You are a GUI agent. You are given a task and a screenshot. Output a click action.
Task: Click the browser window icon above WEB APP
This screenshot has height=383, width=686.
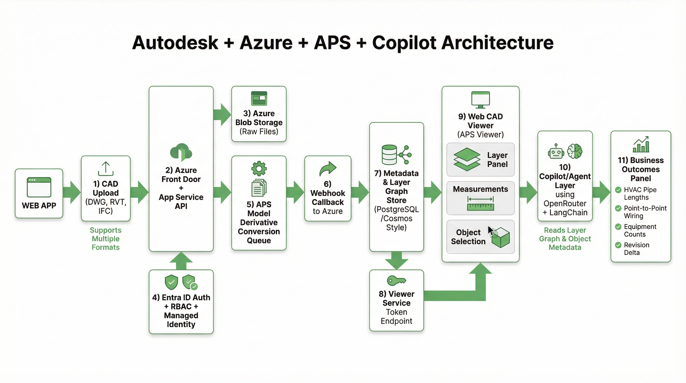point(39,187)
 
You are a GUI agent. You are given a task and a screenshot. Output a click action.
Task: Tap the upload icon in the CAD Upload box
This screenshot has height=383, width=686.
point(106,169)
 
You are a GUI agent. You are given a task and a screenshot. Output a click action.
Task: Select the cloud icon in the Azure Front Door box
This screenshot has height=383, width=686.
point(181,152)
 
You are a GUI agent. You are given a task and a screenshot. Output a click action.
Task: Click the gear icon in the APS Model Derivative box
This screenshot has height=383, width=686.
point(259,168)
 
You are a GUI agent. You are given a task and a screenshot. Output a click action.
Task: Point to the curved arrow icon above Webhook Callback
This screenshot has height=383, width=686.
point(328,169)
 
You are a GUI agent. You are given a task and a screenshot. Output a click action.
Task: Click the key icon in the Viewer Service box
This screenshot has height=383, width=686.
point(396,281)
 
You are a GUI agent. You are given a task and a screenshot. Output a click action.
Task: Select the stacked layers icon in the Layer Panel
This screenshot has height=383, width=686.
point(467,159)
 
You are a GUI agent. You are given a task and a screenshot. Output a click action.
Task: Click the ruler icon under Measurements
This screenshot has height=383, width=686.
point(480,207)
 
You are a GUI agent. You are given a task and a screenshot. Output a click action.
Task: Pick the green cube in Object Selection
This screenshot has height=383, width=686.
point(501,238)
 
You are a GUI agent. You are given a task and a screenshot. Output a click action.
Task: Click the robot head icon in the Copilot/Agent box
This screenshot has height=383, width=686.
point(556,152)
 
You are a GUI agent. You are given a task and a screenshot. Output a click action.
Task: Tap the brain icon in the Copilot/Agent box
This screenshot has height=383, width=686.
point(575,151)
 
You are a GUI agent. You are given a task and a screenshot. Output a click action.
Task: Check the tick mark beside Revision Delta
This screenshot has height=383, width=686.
point(618,245)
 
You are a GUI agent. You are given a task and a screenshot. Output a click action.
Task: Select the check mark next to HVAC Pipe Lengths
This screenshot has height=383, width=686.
point(618,190)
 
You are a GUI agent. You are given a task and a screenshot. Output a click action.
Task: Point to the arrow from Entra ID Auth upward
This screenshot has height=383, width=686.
point(181,261)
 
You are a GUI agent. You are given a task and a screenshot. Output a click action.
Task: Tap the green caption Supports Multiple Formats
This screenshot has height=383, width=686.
point(105,239)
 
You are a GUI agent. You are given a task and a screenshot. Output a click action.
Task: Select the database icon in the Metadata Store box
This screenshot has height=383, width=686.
point(389,155)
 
